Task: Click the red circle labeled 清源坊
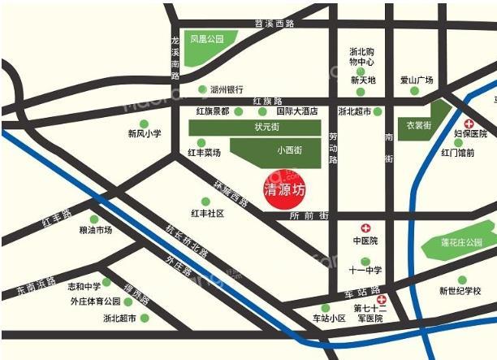click(285, 190)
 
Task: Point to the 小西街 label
click(289, 150)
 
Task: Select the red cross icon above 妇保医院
click(469, 122)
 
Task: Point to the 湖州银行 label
click(227, 89)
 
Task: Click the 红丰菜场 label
click(204, 152)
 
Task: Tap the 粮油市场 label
click(95, 230)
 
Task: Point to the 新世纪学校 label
click(466, 290)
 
